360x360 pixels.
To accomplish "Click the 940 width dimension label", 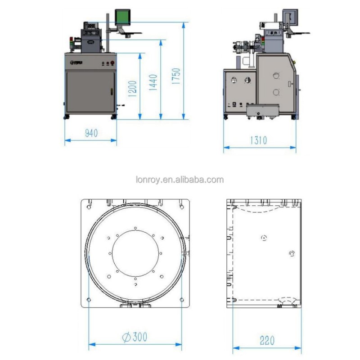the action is [x=91, y=133].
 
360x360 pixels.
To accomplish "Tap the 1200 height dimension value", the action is [x=132, y=89].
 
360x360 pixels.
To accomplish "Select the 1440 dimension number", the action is [x=153, y=82].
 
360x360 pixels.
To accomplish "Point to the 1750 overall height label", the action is [x=176, y=76].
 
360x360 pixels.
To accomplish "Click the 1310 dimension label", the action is [x=258, y=140].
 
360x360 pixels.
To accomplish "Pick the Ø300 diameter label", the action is [x=135, y=337].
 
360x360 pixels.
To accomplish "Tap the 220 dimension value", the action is [x=267, y=340].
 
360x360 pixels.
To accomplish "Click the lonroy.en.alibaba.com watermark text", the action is [x=180, y=180].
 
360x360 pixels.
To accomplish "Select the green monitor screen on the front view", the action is [x=122, y=17].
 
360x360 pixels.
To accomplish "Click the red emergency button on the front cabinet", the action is [x=112, y=63].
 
